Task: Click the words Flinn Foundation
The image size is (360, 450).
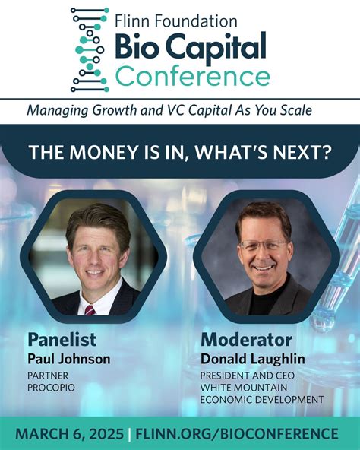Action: pos(176,21)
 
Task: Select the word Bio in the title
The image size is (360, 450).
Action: pos(137,48)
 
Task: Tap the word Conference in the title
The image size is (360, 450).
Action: pos(192,77)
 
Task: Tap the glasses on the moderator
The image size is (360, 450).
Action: pos(263,246)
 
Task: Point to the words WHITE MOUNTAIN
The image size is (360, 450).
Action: pos(243,387)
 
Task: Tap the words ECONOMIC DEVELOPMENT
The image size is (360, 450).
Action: pos(262,399)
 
